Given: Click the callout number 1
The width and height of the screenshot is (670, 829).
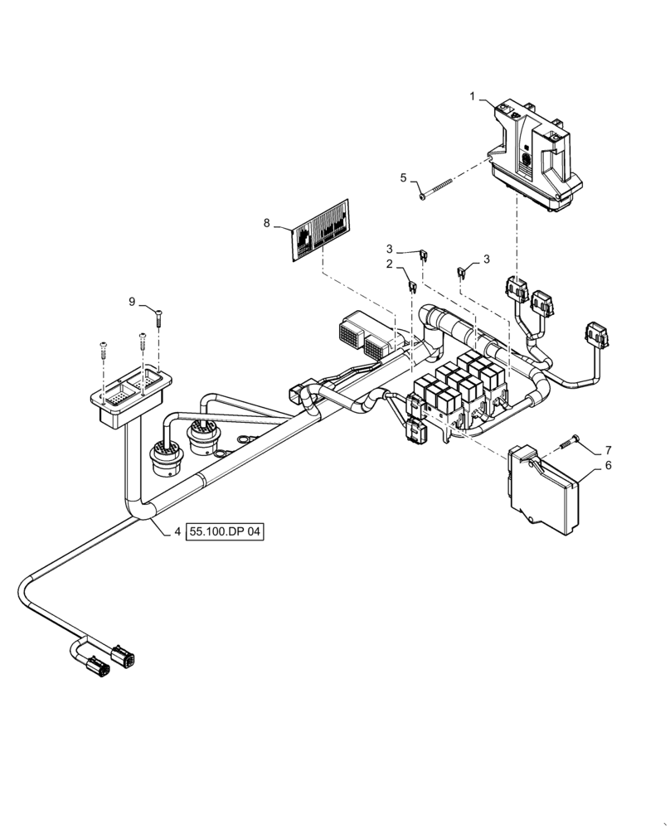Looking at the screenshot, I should (473, 97).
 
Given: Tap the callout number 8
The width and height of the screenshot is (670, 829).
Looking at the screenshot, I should (267, 222).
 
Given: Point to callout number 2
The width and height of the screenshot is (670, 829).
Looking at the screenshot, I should (388, 264).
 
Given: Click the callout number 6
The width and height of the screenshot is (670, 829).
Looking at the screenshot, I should (608, 466).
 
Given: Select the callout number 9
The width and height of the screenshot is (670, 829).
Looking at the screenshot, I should (131, 302).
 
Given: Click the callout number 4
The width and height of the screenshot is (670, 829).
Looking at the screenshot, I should (177, 533).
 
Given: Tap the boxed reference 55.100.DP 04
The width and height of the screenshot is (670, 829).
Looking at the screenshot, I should (225, 533).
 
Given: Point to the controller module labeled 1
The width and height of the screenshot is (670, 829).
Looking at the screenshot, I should (535, 158).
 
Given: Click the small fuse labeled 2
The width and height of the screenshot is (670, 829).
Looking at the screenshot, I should (412, 287).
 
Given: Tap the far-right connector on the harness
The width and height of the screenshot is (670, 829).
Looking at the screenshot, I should (597, 336).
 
